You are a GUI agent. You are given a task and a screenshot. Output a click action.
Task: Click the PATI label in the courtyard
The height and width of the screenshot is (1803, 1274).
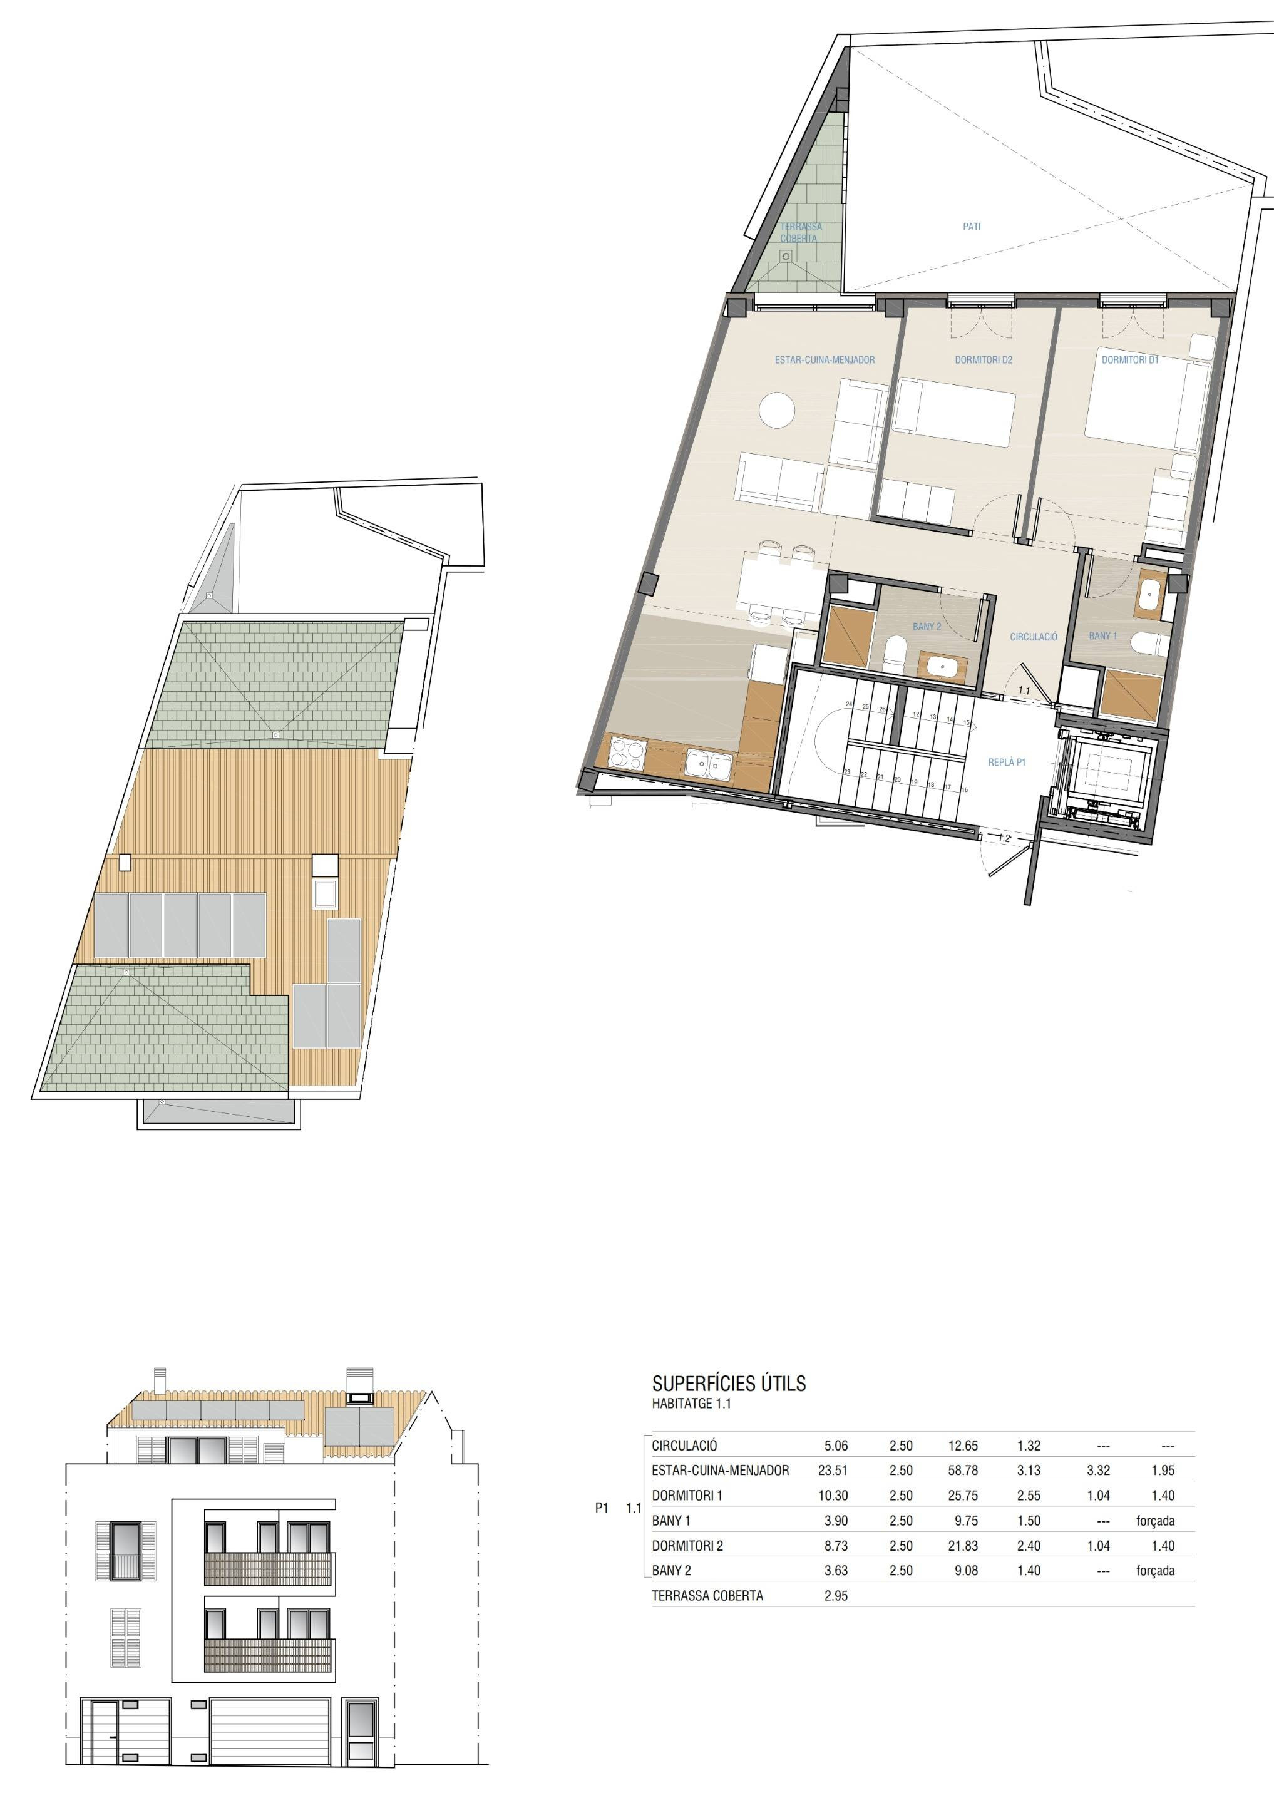[x=972, y=227]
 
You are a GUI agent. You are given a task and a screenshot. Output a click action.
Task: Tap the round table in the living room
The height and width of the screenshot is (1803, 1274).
[x=778, y=410]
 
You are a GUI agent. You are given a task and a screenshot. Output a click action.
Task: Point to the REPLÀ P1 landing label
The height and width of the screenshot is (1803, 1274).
[x=1007, y=763]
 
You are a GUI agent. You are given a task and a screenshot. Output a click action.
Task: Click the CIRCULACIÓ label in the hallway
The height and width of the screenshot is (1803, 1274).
[x=1034, y=637]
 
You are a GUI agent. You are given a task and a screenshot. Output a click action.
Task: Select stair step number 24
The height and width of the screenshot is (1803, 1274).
[x=849, y=704]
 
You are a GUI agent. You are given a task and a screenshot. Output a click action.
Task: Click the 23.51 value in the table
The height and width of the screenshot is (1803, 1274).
[x=833, y=1470]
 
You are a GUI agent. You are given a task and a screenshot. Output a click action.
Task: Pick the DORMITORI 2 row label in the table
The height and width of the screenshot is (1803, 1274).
[x=687, y=1546]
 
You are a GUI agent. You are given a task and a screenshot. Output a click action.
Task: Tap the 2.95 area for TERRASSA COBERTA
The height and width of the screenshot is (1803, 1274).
[x=836, y=1596]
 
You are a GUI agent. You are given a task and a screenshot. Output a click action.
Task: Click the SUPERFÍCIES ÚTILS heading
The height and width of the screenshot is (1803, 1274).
[x=729, y=1384]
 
